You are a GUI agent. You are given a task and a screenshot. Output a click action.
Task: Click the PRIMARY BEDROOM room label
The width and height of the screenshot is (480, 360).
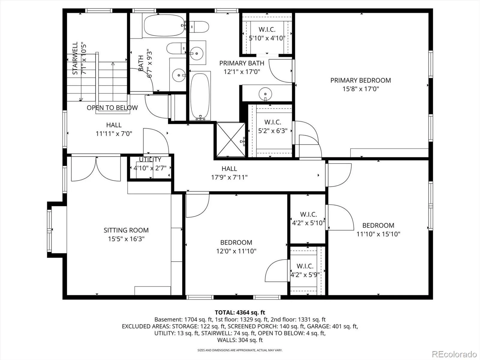click(361, 80)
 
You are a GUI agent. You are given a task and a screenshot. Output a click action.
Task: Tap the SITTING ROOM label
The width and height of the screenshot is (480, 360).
click(126, 230)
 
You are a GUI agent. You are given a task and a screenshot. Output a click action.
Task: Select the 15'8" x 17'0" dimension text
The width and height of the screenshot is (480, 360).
click(361, 89)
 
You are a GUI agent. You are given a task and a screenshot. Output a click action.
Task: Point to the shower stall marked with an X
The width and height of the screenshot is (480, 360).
click(231, 140)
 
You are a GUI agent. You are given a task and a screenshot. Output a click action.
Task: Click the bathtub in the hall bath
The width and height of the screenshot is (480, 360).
click(164, 25)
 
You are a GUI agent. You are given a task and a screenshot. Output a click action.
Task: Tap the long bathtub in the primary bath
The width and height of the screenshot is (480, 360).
click(200, 96)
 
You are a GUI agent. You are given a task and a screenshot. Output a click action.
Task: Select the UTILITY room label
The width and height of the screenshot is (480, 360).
click(150, 160)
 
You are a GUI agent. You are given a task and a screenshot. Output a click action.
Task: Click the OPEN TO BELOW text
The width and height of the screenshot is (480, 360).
click(112, 108)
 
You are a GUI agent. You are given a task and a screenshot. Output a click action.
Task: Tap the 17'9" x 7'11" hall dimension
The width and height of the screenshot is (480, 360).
click(229, 177)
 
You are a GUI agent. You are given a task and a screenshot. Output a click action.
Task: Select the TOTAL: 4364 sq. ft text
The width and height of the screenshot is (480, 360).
click(240, 312)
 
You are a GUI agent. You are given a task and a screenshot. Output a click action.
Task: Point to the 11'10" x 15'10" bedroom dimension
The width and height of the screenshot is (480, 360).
click(378, 234)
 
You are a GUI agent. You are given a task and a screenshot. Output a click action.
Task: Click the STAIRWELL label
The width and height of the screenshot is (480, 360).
click(75, 58)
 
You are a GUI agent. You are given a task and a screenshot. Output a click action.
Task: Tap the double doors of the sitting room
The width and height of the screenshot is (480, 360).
click(96, 169)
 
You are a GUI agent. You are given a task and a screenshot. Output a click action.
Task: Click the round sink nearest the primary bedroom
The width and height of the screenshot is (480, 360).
click(265, 94)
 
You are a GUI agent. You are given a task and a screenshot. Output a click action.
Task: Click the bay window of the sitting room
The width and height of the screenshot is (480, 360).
click(49, 230)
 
